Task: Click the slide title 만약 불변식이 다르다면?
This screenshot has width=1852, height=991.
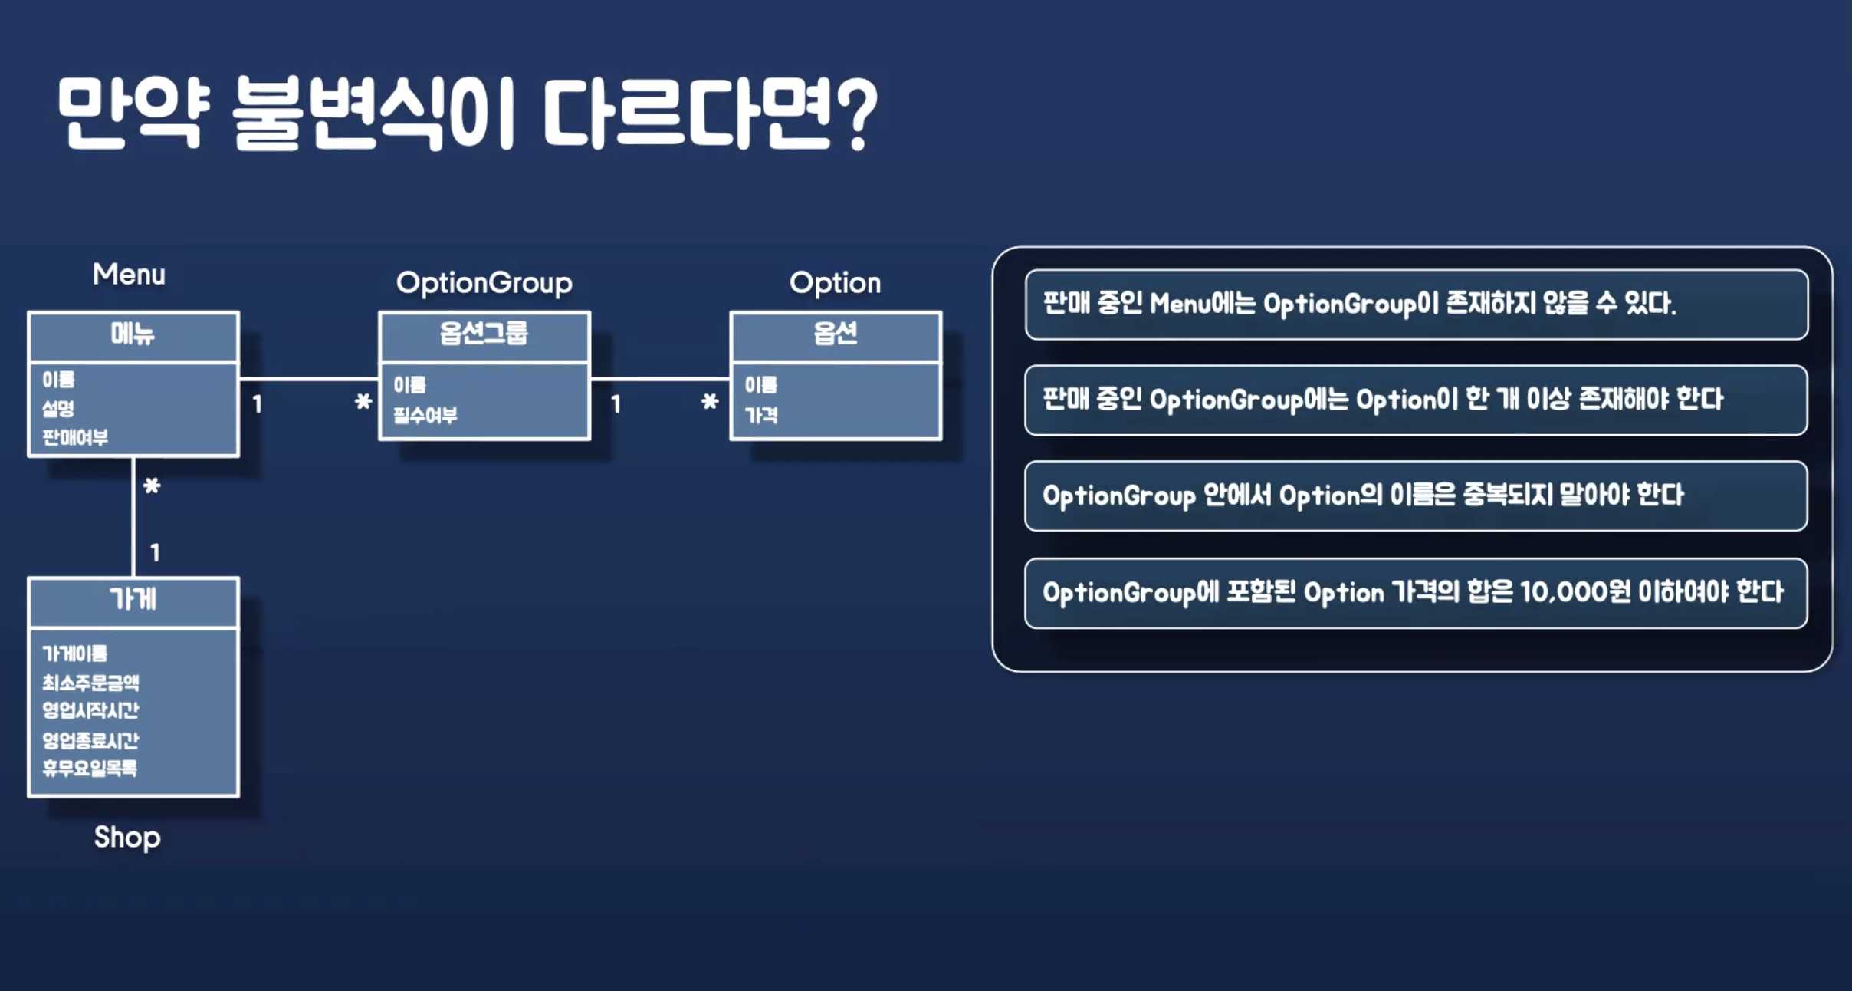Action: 468,114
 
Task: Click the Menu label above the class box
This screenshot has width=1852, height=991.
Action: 129,275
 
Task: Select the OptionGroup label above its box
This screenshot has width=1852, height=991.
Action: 484,283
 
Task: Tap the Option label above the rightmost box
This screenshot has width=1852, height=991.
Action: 835,283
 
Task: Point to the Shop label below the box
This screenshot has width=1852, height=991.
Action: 127,837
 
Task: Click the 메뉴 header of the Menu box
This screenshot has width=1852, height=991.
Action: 133,334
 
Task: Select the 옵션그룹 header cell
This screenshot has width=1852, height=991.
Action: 484,334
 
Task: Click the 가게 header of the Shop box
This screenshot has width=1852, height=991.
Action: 133,599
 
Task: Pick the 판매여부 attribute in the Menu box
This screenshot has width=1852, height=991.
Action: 75,437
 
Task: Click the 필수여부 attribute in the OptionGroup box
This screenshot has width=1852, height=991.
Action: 425,416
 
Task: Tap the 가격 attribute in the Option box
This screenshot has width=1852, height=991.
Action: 761,416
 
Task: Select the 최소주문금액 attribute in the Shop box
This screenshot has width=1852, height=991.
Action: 90,682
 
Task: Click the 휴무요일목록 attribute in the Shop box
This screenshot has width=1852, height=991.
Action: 90,768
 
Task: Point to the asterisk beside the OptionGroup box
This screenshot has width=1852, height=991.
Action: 363,401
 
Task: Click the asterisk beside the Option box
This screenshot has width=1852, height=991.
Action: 710,401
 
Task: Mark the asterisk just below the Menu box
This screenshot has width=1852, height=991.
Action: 152,486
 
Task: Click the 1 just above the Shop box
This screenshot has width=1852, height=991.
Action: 155,552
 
